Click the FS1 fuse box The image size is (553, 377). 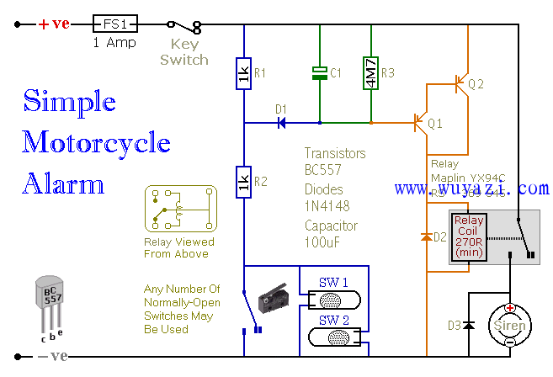(114, 24)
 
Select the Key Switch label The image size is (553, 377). (183, 52)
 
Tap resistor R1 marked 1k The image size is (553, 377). (243, 76)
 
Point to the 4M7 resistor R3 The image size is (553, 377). (370, 73)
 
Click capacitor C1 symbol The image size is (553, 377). (320, 74)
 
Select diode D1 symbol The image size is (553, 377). (281, 123)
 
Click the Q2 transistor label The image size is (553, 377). (476, 84)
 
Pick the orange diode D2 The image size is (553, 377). (426, 238)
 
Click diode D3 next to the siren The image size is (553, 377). (469, 325)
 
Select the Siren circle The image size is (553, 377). (509, 326)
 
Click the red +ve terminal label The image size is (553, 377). (54, 24)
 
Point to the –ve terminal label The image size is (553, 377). (54, 355)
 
